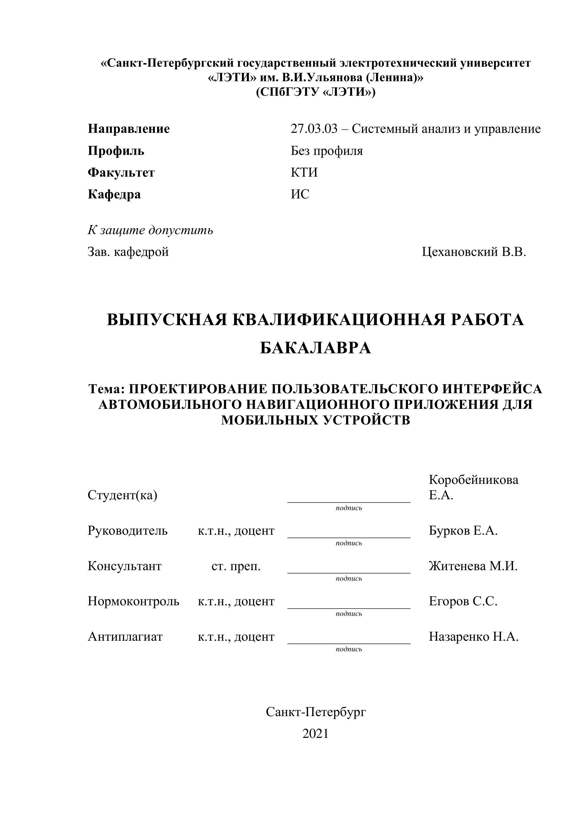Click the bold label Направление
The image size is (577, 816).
(x=129, y=129)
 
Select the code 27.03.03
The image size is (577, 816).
(x=314, y=129)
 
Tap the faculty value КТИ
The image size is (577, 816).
(x=304, y=172)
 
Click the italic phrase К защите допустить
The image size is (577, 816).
(x=150, y=230)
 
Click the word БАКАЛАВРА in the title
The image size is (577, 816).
(x=316, y=348)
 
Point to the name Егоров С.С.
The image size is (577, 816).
(x=463, y=601)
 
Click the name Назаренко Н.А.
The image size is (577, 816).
(x=473, y=636)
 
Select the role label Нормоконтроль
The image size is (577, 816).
(x=133, y=601)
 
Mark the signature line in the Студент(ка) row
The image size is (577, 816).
(x=348, y=501)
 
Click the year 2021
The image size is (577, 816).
(x=316, y=734)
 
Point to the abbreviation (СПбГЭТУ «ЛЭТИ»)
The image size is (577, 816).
(x=316, y=92)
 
